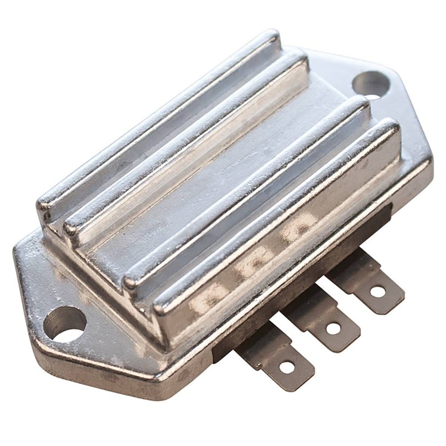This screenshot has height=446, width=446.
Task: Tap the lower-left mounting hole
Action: (65, 324)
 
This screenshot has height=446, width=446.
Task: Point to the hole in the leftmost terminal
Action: (287, 366)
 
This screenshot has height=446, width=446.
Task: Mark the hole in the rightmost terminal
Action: (377, 291)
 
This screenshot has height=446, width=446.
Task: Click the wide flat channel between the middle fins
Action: (223, 167)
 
